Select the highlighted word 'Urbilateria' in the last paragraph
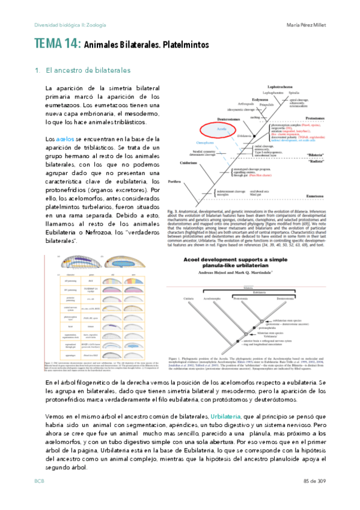click(x=227, y=416)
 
